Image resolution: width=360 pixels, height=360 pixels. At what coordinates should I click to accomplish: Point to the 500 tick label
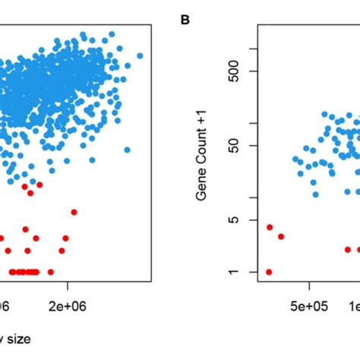point(235,71)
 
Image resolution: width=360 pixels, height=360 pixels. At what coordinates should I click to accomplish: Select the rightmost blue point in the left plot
point(140,55)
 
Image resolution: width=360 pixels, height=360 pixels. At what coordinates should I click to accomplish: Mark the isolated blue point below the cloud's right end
point(127,150)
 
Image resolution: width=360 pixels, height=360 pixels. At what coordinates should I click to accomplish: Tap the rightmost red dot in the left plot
point(74,212)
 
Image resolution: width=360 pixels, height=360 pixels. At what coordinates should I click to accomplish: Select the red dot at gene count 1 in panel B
point(269,272)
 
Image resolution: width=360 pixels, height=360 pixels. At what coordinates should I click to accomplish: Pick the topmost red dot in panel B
point(270,227)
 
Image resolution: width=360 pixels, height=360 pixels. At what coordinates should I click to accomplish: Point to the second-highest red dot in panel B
point(281,236)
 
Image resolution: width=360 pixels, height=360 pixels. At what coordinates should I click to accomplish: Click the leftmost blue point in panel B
point(295,159)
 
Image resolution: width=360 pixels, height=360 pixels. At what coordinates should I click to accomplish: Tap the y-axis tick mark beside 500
point(253,71)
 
